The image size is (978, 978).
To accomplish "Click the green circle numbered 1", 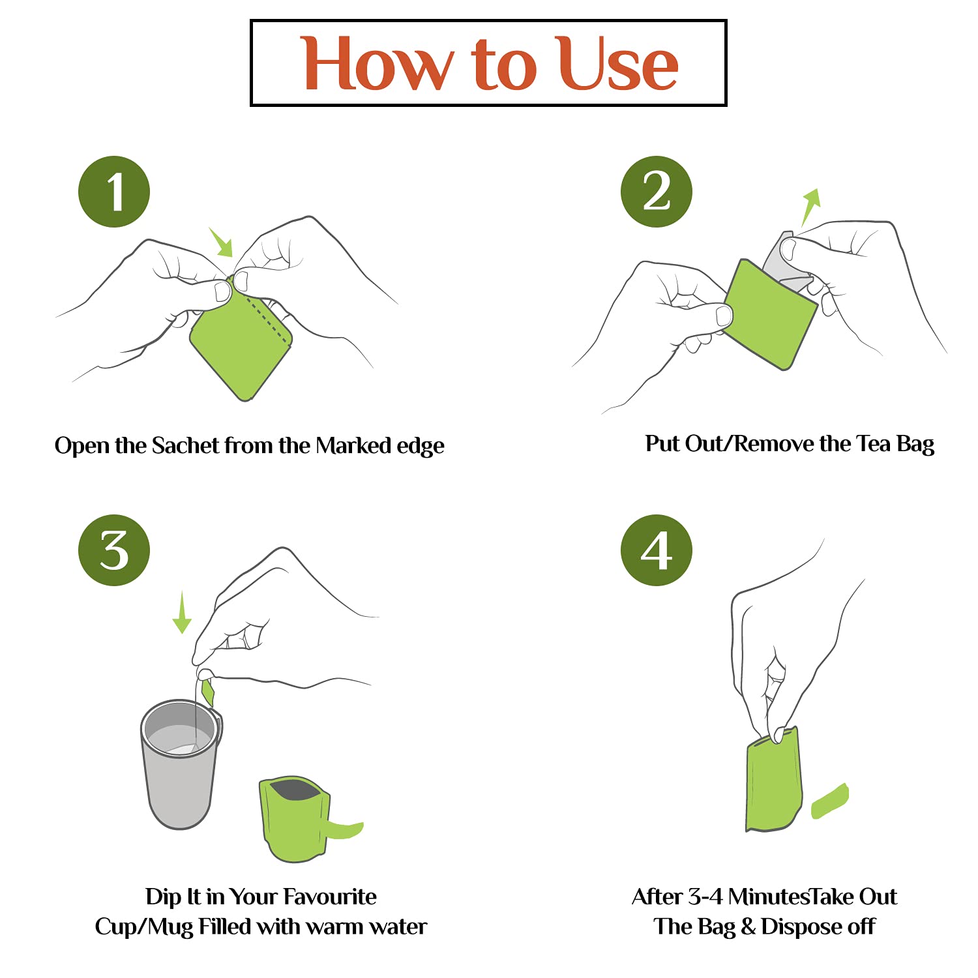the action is [x=114, y=192].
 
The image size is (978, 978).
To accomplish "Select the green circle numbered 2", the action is [x=656, y=192].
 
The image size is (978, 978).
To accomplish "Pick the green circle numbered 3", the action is [x=114, y=550].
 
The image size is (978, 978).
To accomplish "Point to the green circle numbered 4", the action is [x=656, y=550].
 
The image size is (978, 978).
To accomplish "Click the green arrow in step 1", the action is [x=222, y=242].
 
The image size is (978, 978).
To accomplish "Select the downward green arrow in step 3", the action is [x=182, y=612].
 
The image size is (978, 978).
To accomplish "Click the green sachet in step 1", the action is [x=241, y=339].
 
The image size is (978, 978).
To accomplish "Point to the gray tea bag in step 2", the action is [x=787, y=261].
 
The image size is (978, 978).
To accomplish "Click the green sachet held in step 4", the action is [x=773, y=780].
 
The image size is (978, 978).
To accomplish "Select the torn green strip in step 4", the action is [x=830, y=801].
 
